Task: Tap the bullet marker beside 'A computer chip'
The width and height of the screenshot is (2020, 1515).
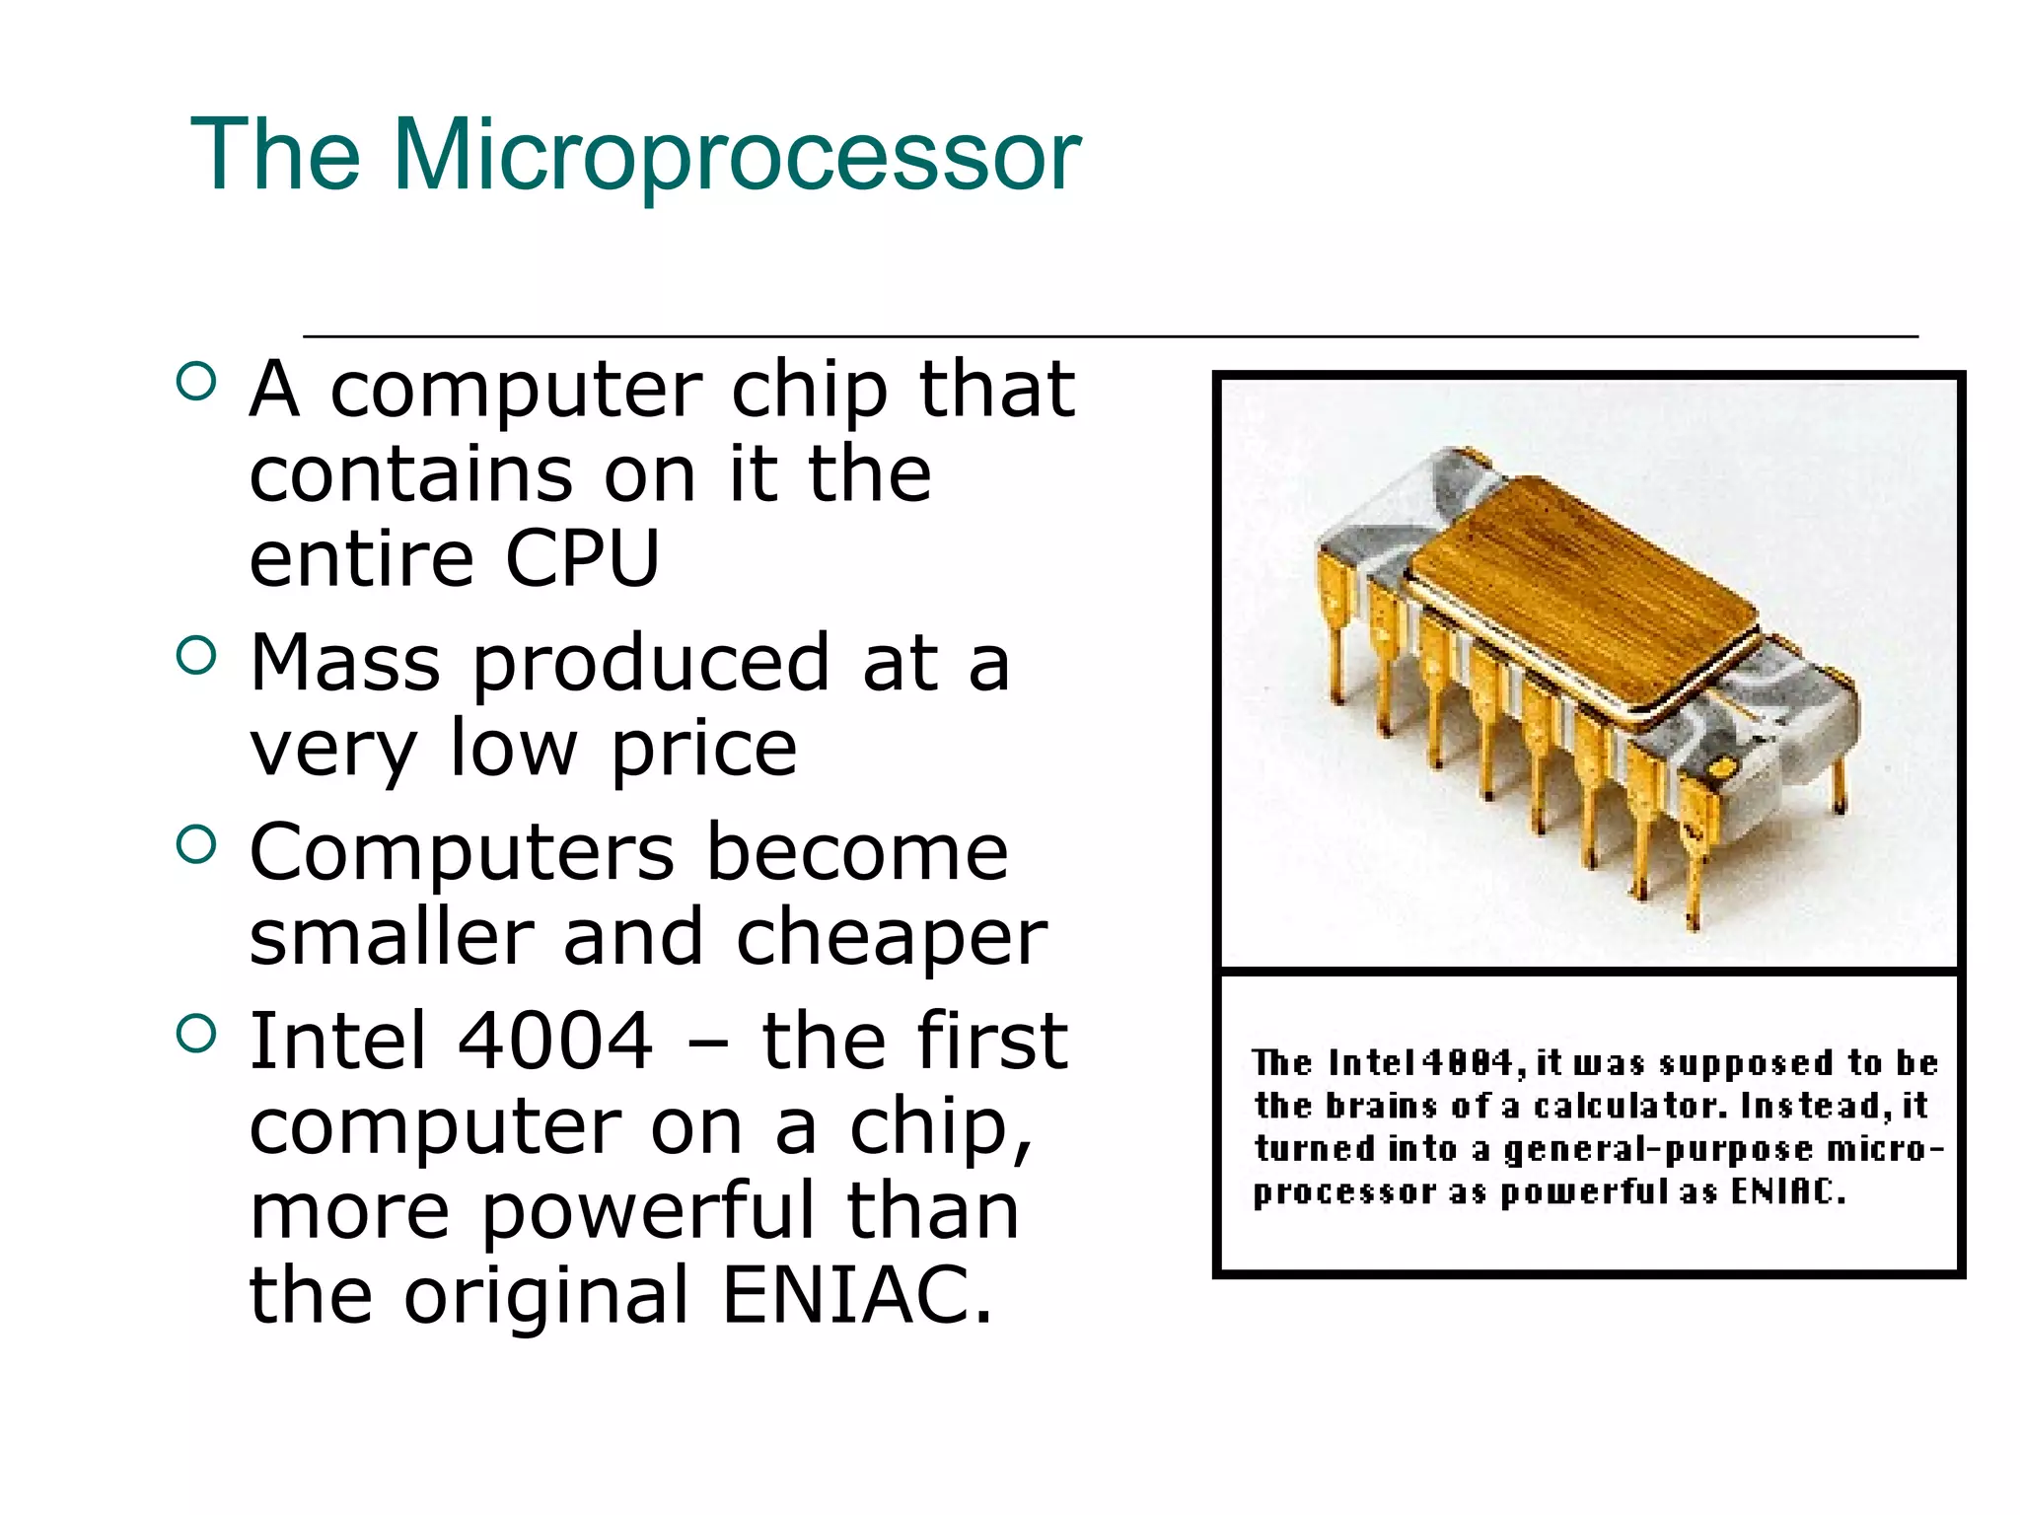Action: click(x=196, y=382)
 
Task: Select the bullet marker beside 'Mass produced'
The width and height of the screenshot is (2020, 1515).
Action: click(x=196, y=655)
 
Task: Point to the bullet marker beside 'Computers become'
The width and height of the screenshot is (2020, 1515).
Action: click(x=196, y=844)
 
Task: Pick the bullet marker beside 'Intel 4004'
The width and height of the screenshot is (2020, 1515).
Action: click(x=196, y=1034)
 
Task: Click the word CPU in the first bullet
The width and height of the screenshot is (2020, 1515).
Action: click(x=582, y=559)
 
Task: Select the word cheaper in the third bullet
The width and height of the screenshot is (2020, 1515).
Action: click(x=891, y=938)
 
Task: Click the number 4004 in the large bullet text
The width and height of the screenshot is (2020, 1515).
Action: click(x=555, y=1041)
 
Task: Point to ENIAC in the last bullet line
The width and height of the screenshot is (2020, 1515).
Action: click(x=856, y=1295)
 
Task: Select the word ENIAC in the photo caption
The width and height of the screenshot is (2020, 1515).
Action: click(x=1786, y=1191)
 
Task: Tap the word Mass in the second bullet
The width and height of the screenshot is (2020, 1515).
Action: click(x=344, y=663)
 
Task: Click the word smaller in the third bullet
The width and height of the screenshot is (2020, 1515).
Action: click(x=391, y=938)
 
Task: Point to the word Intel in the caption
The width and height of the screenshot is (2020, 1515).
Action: click(x=1371, y=1062)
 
